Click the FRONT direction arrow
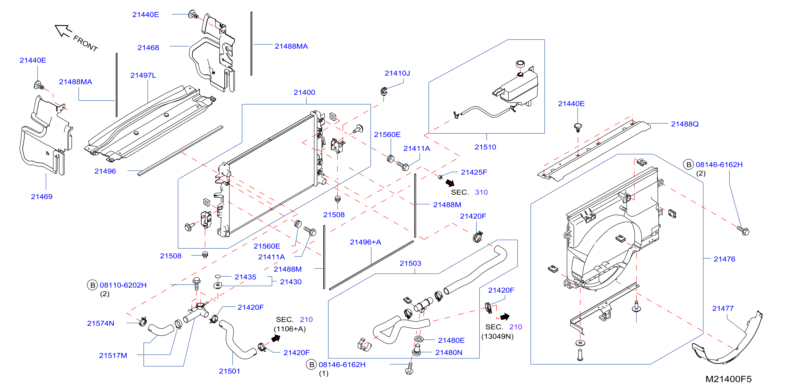[x=63, y=30]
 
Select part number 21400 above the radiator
[x=304, y=92]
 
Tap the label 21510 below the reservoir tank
[x=485, y=147]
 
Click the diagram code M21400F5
[x=728, y=379]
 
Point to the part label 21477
[x=723, y=309]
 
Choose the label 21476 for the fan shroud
[x=724, y=259]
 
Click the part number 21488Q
[x=685, y=124]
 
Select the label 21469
[x=41, y=197]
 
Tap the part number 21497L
[x=143, y=75]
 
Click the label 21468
[x=148, y=48]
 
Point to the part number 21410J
[x=397, y=73]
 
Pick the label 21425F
[x=474, y=172]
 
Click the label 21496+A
[x=365, y=242]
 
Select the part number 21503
[x=410, y=263]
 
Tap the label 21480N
[x=449, y=353]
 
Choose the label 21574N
[x=101, y=323]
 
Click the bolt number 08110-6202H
[x=123, y=285]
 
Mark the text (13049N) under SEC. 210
[x=497, y=337]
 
